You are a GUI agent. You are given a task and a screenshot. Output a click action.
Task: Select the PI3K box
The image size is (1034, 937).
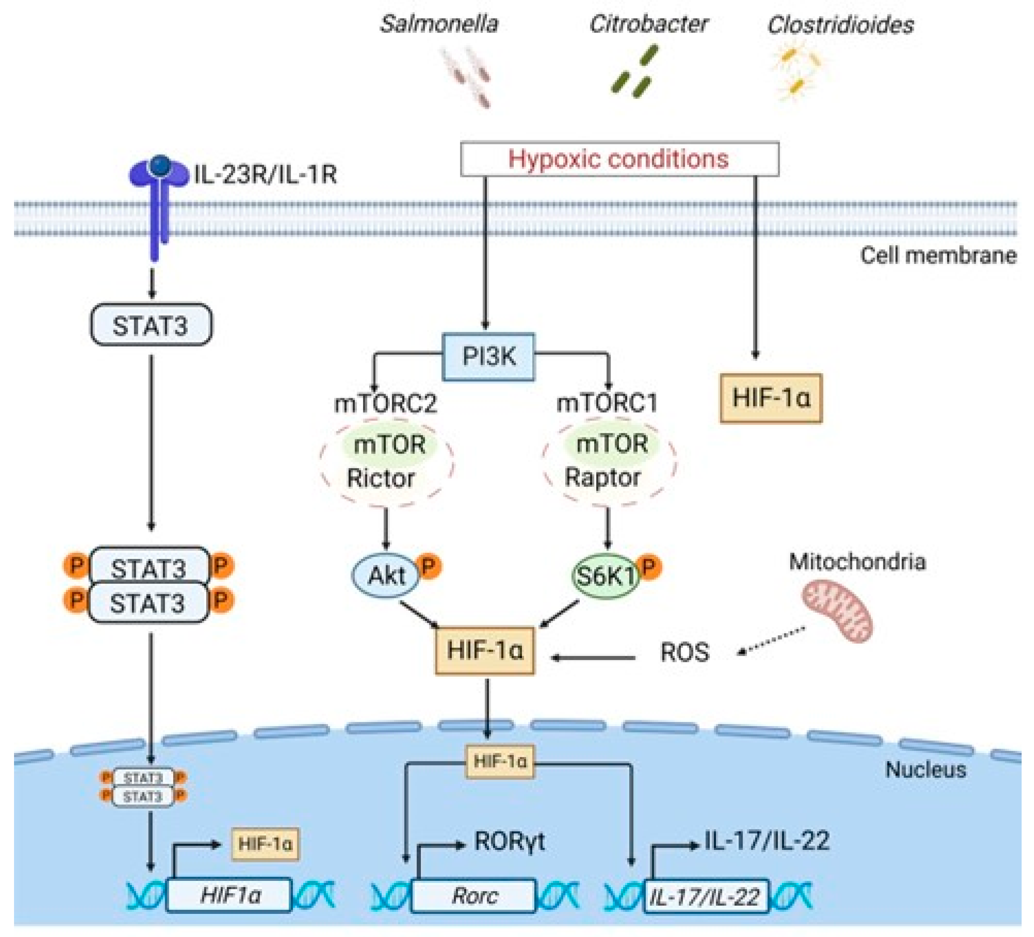[488, 356]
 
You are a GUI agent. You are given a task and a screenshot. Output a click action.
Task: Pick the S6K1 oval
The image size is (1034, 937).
[605, 576]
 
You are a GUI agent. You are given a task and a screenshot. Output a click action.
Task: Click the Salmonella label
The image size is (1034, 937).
[439, 24]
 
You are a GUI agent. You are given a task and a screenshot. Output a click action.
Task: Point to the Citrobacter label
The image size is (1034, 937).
[648, 24]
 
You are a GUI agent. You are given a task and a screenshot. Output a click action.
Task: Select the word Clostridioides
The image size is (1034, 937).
[840, 25]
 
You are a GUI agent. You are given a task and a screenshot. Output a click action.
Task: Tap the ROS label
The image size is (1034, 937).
[684, 652]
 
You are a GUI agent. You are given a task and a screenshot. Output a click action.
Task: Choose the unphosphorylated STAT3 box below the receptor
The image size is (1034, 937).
[151, 325]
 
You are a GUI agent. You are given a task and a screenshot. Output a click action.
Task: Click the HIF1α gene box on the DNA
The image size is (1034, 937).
[229, 895]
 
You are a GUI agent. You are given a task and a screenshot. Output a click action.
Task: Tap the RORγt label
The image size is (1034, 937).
[509, 842]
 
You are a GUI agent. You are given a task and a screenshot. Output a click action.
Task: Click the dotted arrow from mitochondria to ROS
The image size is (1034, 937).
[771, 641]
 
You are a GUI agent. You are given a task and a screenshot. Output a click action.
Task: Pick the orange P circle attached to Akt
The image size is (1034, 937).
[430, 566]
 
